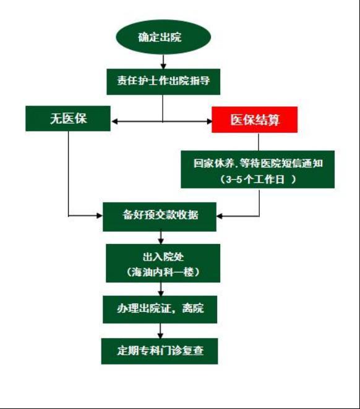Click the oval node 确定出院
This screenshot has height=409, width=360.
(163, 37)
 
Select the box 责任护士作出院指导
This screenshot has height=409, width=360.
(163, 82)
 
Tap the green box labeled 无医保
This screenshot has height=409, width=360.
(68, 119)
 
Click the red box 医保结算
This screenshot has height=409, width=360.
(254, 119)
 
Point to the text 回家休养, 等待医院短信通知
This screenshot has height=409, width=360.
(258, 163)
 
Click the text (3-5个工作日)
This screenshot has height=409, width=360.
(258, 179)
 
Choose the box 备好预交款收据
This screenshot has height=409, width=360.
(160, 217)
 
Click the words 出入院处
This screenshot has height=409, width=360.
(163, 257)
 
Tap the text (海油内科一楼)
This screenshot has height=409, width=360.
(163, 272)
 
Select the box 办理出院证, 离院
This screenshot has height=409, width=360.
(160, 310)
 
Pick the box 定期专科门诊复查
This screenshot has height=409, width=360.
(160, 351)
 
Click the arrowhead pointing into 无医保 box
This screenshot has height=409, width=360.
(114, 121)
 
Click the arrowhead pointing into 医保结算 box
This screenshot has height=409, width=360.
(209, 121)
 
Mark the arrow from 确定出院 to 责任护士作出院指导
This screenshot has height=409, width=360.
(163, 62)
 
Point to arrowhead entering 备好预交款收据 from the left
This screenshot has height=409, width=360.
(100, 216)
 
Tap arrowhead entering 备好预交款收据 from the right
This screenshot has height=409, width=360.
(220, 216)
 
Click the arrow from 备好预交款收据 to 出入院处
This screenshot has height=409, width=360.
(161, 238)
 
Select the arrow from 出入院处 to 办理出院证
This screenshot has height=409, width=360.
(161, 289)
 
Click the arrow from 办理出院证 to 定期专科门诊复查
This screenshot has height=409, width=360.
(161, 331)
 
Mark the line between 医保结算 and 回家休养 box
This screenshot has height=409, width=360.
(259, 141)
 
